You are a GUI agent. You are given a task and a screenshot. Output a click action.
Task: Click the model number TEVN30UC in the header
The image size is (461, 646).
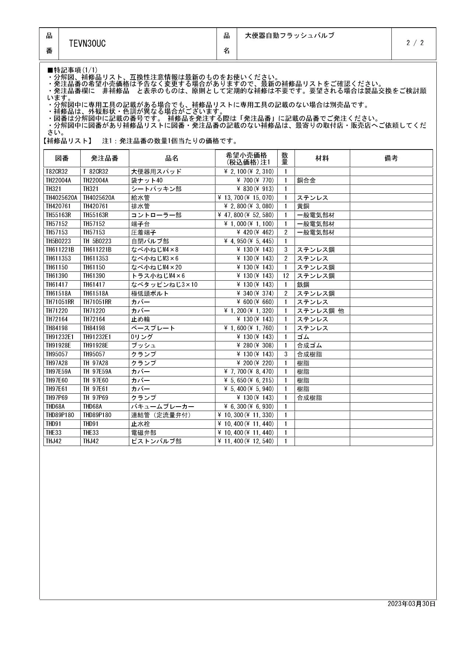(87, 44)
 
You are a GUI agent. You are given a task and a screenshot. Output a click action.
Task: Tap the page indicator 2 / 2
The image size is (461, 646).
(415, 43)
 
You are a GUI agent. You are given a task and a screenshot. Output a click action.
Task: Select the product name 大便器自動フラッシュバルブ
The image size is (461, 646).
(289, 36)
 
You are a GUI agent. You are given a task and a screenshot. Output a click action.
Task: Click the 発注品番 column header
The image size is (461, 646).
(105, 158)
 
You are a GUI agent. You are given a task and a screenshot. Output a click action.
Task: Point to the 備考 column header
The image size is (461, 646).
(391, 158)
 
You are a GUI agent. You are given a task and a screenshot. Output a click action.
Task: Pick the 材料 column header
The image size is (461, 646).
(322, 158)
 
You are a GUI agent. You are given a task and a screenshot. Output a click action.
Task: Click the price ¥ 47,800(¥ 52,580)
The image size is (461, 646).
(246, 215)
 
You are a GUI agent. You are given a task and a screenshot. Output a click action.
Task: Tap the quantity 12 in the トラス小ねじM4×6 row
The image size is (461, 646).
(286, 276)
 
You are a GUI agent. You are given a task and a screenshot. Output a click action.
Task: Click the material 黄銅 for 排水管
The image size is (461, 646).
(303, 206)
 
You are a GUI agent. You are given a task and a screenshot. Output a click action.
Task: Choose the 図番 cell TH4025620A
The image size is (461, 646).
(61, 198)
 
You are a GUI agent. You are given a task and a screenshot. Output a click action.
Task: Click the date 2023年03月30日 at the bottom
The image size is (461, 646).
(411, 604)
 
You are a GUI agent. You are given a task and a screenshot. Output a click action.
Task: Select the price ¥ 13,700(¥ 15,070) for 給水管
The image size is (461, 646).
(246, 198)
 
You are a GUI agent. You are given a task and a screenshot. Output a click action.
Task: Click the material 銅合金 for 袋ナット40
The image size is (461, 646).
(306, 180)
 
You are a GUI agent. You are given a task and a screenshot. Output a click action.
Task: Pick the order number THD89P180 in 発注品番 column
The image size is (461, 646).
(97, 415)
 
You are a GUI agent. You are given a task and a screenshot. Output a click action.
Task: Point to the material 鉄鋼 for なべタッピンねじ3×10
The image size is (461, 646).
(303, 285)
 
